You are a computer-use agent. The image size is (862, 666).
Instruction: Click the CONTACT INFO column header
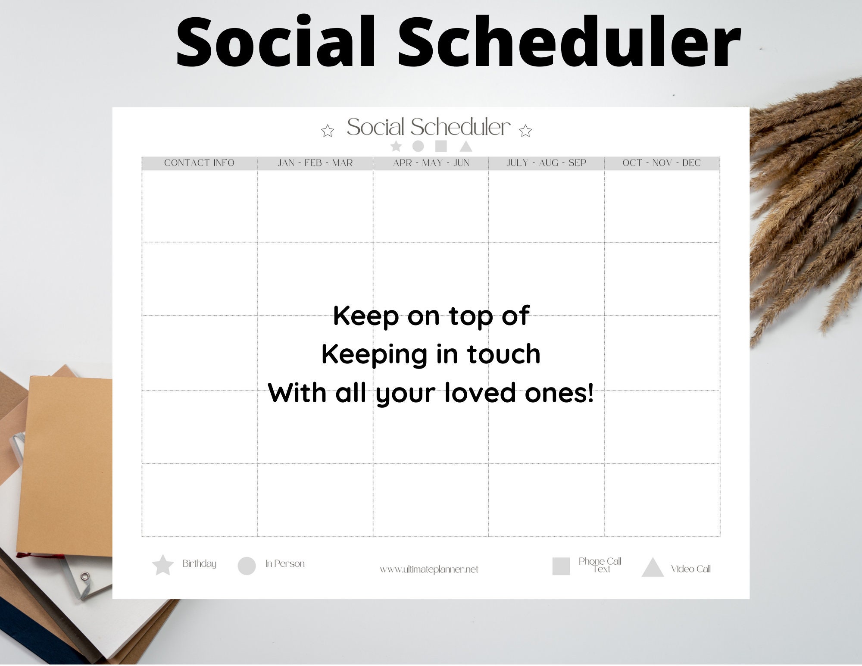[x=199, y=163]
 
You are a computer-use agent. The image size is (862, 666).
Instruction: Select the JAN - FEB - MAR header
[x=315, y=163]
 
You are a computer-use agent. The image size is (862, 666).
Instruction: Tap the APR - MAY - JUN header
[x=431, y=163]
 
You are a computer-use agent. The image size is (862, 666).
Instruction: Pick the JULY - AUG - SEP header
[x=546, y=163]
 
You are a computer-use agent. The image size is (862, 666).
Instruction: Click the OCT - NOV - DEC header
[x=662, y=163]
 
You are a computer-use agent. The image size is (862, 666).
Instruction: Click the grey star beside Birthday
[x=163, y=566]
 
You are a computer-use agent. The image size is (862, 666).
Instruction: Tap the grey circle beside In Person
[x=247, y=566]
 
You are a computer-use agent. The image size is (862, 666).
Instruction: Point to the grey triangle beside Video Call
[x=653, y=569]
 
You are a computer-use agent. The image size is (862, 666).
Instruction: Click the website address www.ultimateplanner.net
[x=429, y=569]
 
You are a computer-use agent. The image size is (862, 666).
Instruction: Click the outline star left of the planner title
[x=328, y=131]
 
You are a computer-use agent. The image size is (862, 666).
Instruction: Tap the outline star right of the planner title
[x=525, y=131]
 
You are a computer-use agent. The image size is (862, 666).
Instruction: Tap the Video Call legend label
[x=690, y=569]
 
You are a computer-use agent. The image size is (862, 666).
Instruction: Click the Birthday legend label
[x=199, y=564]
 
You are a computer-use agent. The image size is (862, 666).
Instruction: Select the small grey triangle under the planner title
[x=466, y=147]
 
